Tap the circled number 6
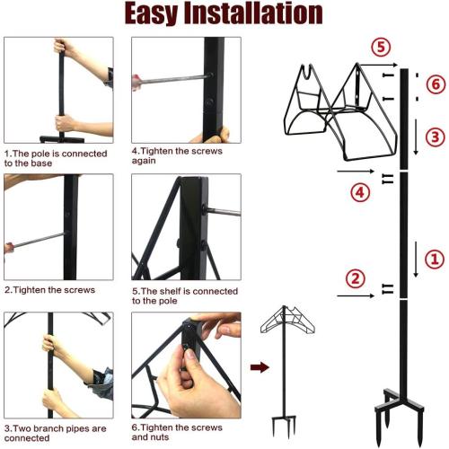436,84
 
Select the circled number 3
434,136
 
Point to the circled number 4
360,192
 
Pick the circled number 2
356,278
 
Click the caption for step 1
56,158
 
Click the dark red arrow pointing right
258,366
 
